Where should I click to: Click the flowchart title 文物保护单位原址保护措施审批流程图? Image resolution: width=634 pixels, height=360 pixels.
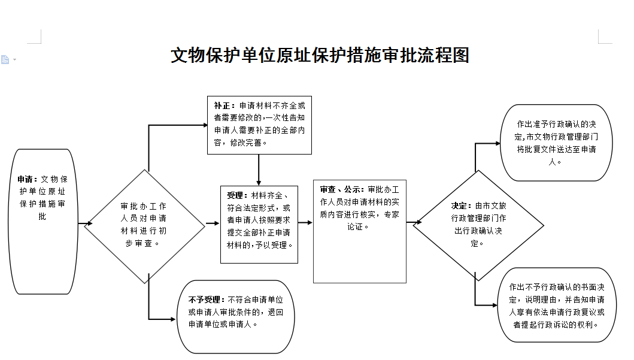320,56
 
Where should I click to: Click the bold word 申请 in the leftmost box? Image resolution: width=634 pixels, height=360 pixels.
25,179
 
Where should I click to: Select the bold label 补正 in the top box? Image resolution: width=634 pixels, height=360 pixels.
222,105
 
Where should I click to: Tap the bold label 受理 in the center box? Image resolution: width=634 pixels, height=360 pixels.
235,196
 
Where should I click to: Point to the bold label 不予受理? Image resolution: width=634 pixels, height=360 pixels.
204,300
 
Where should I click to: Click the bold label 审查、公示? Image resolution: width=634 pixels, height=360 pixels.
340,189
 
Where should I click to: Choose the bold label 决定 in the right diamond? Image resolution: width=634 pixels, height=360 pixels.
459,206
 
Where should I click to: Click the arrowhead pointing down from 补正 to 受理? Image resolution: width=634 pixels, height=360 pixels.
259,183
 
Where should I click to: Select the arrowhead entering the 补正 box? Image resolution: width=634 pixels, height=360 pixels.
205,125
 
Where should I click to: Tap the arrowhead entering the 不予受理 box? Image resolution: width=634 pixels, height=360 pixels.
173,319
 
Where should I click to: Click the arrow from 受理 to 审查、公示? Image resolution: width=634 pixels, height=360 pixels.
305,222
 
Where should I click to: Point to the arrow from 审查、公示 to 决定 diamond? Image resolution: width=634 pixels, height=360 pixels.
414,222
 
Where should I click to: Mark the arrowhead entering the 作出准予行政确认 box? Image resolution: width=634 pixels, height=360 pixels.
498,143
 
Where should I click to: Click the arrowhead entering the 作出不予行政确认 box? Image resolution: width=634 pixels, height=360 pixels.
495,305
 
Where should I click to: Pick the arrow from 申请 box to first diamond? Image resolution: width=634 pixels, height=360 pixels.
85,223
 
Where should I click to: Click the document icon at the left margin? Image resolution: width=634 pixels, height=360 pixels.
5,60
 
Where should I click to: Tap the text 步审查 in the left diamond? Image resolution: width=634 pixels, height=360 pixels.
138,244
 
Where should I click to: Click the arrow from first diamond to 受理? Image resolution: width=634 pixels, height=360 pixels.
213,223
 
